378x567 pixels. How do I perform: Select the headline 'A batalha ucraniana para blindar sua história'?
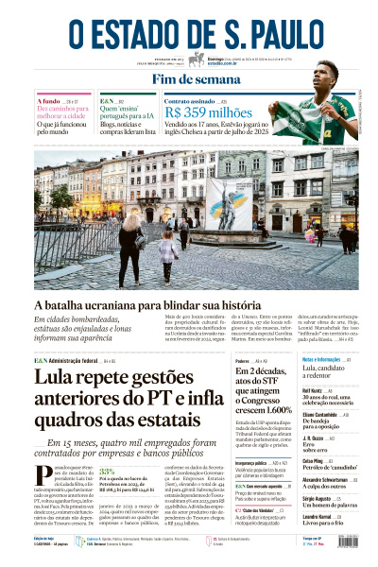pyautogui.click(x=161, y=306)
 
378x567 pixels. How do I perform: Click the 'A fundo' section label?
pyautogui.click(x=48, y=99)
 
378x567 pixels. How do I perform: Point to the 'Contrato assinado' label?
pyautogui.click(x=189, y=99)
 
